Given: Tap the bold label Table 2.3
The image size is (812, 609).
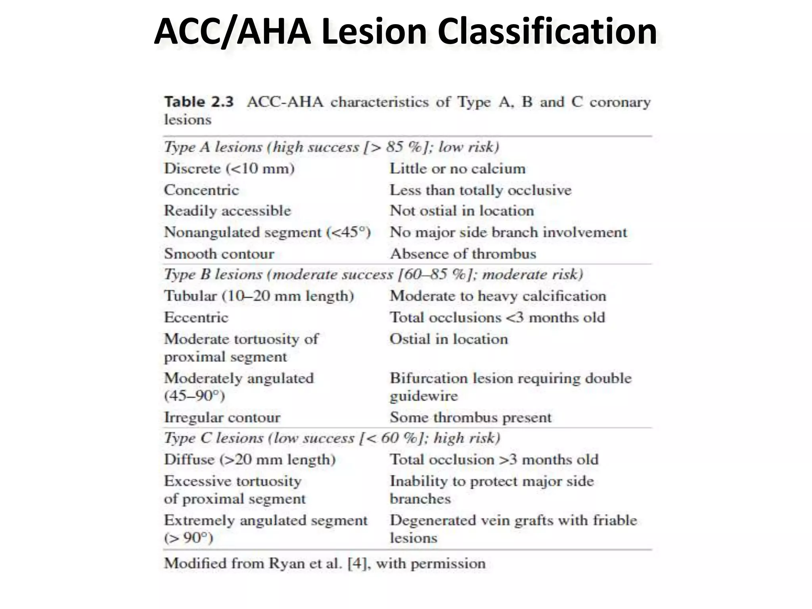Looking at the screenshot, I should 199,102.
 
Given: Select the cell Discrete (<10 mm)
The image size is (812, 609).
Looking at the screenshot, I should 229,169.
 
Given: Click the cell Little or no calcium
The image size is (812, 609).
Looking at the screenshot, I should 458,169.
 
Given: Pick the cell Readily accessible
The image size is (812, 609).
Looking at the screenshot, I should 228,211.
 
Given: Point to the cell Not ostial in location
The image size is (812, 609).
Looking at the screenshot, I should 462,211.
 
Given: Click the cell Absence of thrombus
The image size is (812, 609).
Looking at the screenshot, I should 463,254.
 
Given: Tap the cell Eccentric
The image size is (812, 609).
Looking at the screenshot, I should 196,317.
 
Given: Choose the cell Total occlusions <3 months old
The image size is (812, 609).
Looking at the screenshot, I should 497,317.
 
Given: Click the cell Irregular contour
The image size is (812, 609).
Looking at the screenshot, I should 222,417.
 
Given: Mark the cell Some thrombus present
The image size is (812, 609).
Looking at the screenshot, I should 470,417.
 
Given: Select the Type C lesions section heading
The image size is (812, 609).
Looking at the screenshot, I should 331,438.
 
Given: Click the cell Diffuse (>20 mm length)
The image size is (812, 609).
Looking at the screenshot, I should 250,460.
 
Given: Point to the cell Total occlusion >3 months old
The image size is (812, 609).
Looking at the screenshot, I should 494,460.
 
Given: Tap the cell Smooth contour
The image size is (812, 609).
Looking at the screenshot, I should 219,254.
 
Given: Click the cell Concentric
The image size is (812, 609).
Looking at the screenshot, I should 201,190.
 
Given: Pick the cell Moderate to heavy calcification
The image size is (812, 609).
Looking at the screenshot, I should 498,296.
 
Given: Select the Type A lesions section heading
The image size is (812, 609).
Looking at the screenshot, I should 331,147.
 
